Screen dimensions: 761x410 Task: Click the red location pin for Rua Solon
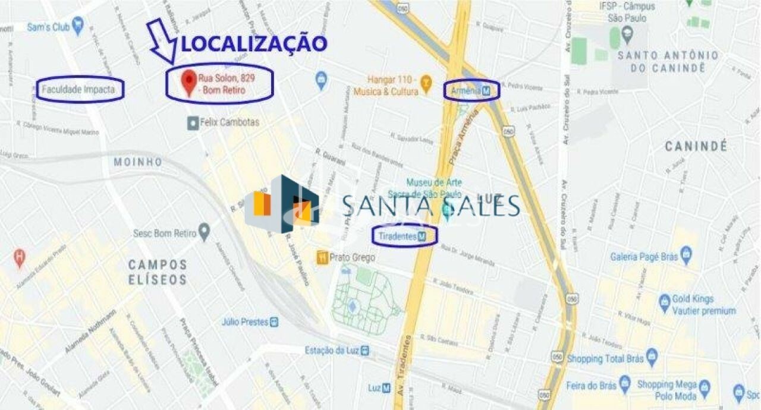pyautogui.click(x=189, y=82)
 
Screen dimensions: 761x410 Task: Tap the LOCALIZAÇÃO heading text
pyautogui.click(x=254, y=43)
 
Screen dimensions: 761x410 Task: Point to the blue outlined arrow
pyautogui.click(x=161, y=40)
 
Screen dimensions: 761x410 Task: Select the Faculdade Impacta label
pyautogui.click(x=80, y=90)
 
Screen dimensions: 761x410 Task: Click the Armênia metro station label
pyautogui.click(x=471, y=91)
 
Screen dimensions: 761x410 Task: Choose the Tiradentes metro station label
pyautogui.click(x=404, y=236)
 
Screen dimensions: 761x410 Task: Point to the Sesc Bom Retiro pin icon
pyautogui.click(x=205, y=232)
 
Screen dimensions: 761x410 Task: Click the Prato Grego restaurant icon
pyautogui.click(x=322, y=257)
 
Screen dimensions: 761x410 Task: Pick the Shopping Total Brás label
pyautogui.click(x=605, y=359)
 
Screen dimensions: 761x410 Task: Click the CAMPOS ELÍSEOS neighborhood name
pyautogui.click(x=158, y=272)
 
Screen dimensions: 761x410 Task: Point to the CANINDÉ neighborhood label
pyautogui.click(x=696, y=146)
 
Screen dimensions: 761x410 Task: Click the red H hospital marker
pyautogui.click(x=20, y=257)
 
